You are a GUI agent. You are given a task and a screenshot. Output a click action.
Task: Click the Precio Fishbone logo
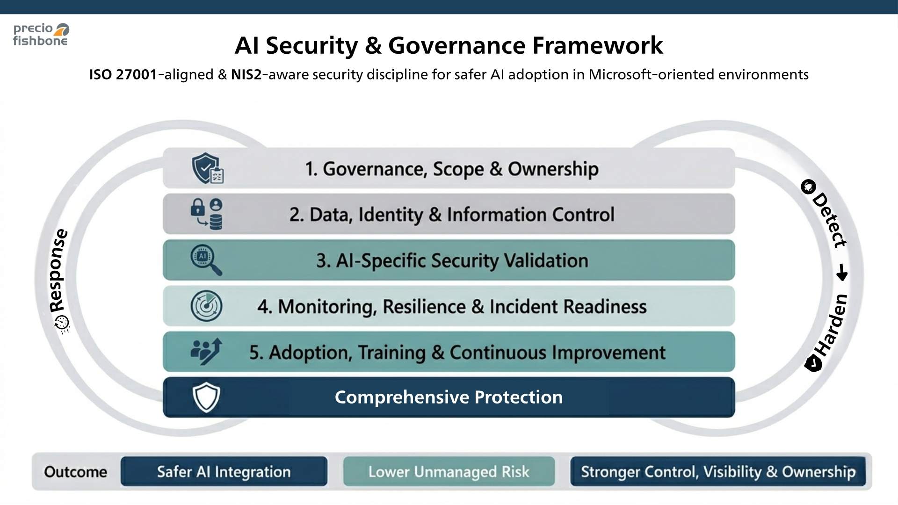(x=41, y=35)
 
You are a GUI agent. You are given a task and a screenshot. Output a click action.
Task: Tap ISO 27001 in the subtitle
(x=123, y=74)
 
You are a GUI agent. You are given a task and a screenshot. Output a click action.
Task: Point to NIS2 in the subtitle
(x=246, y=74)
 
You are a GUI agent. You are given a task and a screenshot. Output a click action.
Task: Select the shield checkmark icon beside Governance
(x=207, y=168)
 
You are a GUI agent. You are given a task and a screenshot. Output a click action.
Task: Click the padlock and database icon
(x=207, y=214)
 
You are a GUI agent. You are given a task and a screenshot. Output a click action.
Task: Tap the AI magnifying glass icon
(x=206, y=260)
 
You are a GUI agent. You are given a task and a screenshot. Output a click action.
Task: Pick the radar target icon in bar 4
(x=206, y=306)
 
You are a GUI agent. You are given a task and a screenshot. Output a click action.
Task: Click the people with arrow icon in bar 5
(x=206, y=351)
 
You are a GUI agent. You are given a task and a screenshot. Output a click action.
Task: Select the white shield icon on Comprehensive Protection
(x=206, y=397)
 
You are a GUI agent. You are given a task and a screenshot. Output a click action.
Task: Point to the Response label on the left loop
(x=58, y=271)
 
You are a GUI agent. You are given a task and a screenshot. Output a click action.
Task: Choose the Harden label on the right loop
(x=831, y=325)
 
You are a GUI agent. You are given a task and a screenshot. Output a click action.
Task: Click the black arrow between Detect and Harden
(x=842, y=272)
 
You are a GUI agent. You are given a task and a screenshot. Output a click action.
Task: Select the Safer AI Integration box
(x=224, y=471)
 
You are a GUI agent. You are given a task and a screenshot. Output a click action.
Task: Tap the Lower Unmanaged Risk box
(x=449, y=471)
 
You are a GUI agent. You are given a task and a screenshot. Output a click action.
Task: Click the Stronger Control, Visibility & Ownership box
(x=718, y=471)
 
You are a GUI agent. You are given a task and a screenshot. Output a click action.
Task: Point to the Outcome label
(x=75, y=471)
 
